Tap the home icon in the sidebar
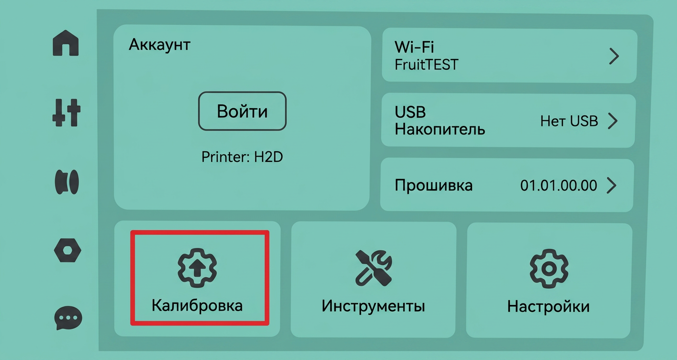tap(66, 43)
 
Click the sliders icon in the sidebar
tap(66, 112)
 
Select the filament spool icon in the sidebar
tap(67, 182)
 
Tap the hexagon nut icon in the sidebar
tap(68, 250)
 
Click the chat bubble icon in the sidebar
tap(68, 317)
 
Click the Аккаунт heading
tap(159, 45)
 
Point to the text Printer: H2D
tap(242, 157)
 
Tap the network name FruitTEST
tap(427, 65)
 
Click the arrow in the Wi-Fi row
tap(614, 56)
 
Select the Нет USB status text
tap(569, 121)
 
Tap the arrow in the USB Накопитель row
tap(613, 121)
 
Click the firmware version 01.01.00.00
tap(559, 185)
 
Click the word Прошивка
tap(433, 185)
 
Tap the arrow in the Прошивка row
tap(611, 185)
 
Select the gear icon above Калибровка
tap(197, 268)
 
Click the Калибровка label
tap(197, 305)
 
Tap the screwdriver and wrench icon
tap(373, 268)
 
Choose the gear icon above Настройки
tap(549, 269)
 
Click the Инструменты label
tap(373, 306)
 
